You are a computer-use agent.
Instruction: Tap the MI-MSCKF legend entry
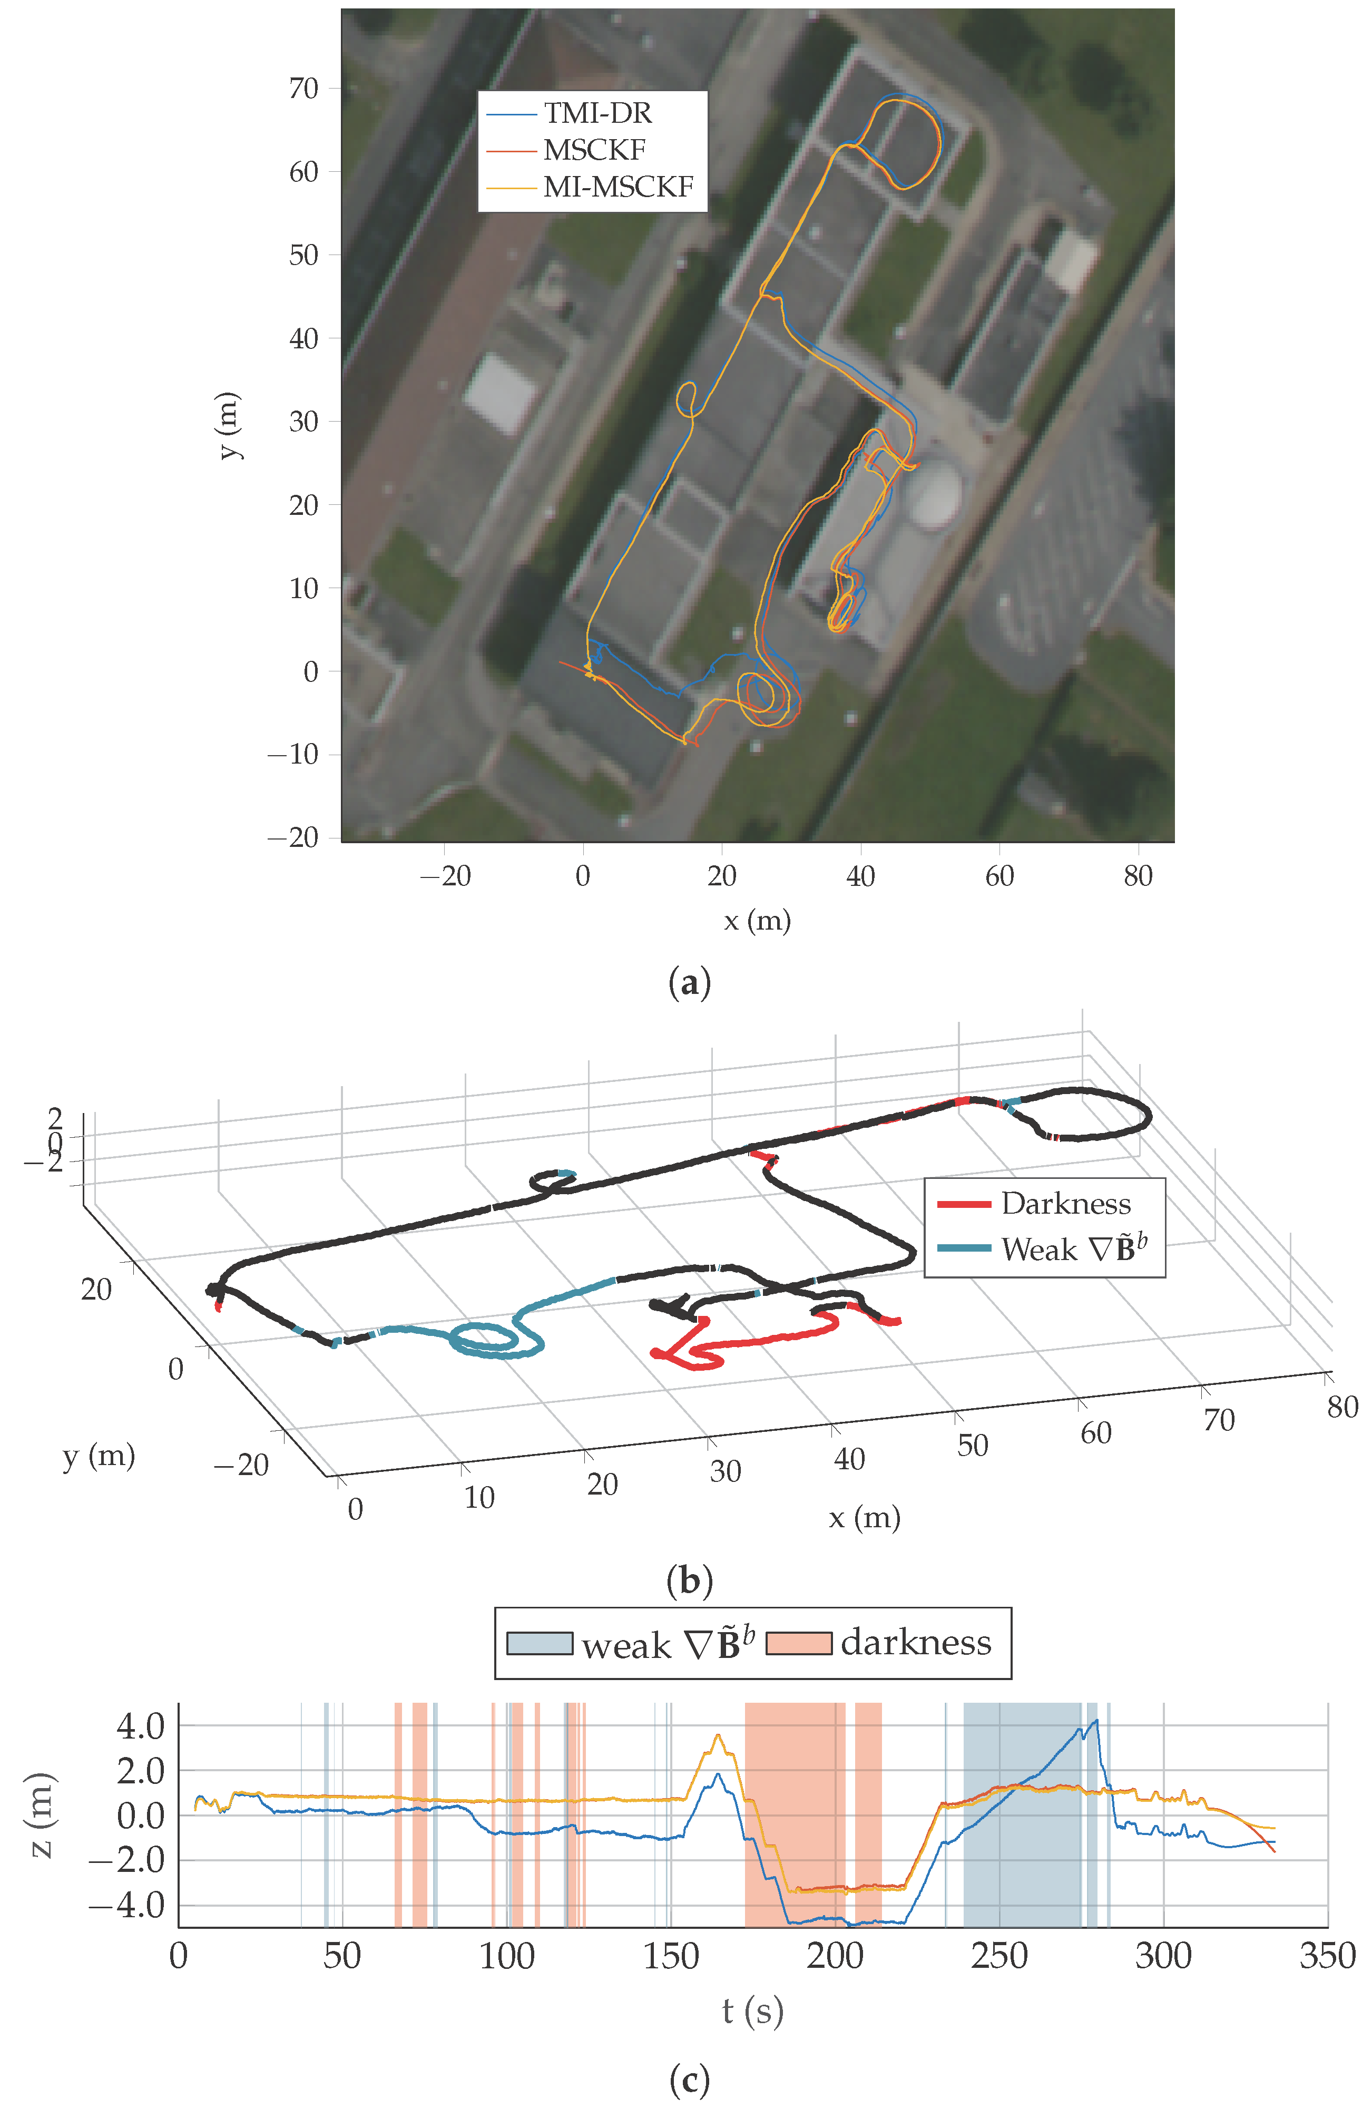pyautogui.click(x=618, y=187)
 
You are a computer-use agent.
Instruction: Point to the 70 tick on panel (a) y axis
pyautogui.click(x=304, y=89)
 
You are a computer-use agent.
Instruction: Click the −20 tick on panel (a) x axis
pyautogui.click(x=445, y=876)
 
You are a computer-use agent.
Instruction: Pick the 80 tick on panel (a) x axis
pyautogui.click(x=1138, y=876)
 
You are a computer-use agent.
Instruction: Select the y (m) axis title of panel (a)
pyautogui.click(x=229, y=425)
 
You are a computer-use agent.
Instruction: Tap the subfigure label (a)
pyautogui.click(x=689, y=983)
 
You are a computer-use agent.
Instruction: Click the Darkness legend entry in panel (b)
pyautogui.click(x=1065, y=1204)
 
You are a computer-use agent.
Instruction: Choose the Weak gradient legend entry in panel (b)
pyautogui.click(x=1073, y=1249)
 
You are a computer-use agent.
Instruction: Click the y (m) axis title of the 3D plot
pyautogui.click(x=99, y=1455)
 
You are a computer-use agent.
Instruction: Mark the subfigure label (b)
pyautogui.click(x=689, y=1581)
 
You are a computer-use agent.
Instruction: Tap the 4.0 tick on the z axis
pyautogui.click(x=141, y=1725)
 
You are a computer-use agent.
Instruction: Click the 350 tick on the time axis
pyautogui.click(x=1327, y=1955)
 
